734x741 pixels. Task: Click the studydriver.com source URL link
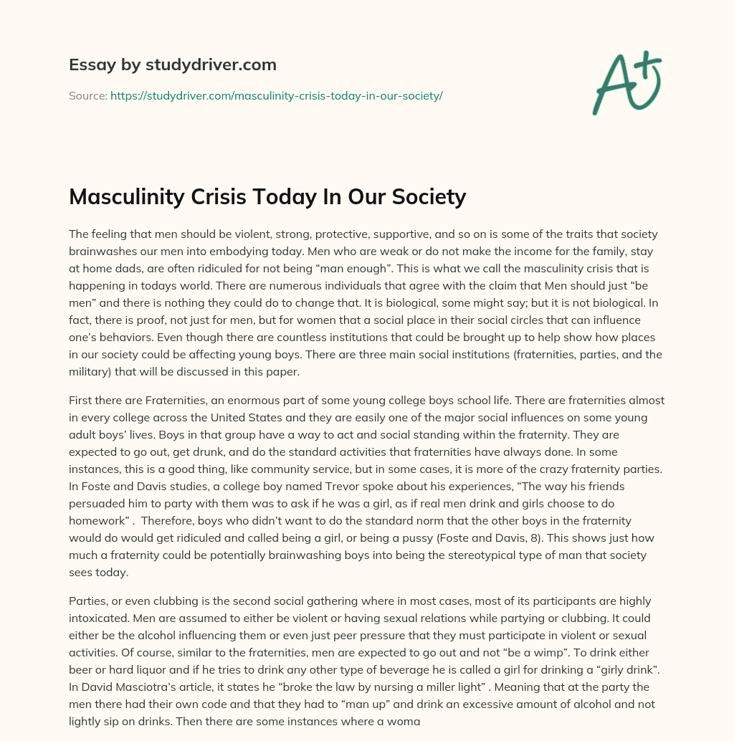276,95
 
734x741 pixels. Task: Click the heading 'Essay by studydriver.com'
173,64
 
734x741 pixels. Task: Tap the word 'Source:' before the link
88,95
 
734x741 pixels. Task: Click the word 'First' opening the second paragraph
81,400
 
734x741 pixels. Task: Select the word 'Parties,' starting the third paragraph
89,601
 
